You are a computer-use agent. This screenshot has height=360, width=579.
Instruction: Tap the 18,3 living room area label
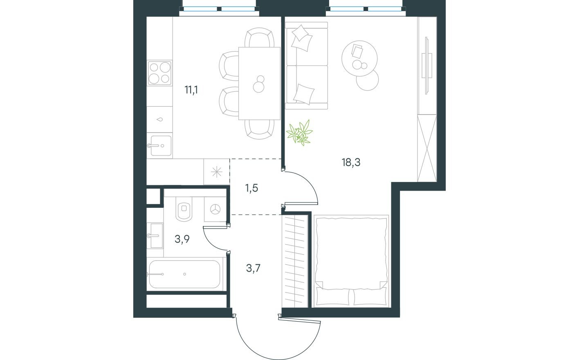(351, 163)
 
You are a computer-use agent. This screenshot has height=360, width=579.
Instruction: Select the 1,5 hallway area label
(252, 189)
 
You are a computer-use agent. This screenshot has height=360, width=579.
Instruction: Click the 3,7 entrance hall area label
(254, 268)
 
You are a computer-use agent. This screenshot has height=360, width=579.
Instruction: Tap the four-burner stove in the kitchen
(159, 73)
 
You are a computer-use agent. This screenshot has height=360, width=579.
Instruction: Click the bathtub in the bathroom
(184, 274)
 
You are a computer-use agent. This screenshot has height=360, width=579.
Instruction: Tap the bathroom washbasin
(156, 235)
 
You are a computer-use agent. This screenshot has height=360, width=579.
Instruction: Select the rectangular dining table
(259, 83)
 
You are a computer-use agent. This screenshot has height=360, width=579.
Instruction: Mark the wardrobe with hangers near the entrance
(295, 261)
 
